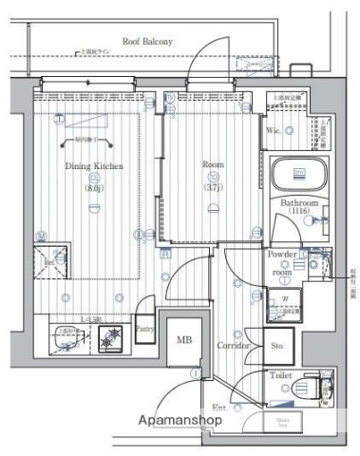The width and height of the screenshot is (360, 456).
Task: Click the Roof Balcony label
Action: (144, 41)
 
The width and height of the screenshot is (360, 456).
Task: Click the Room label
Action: (213, 164)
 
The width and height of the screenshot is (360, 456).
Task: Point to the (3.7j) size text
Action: (214, 186)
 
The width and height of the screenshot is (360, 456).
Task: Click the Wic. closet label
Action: (273, 129)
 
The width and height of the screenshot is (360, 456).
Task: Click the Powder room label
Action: (282, 263)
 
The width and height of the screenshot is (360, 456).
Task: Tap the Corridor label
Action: (233, 346)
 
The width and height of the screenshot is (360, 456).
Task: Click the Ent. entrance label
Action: (218, 408)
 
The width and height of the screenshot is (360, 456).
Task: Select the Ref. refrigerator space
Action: (49, 259)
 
